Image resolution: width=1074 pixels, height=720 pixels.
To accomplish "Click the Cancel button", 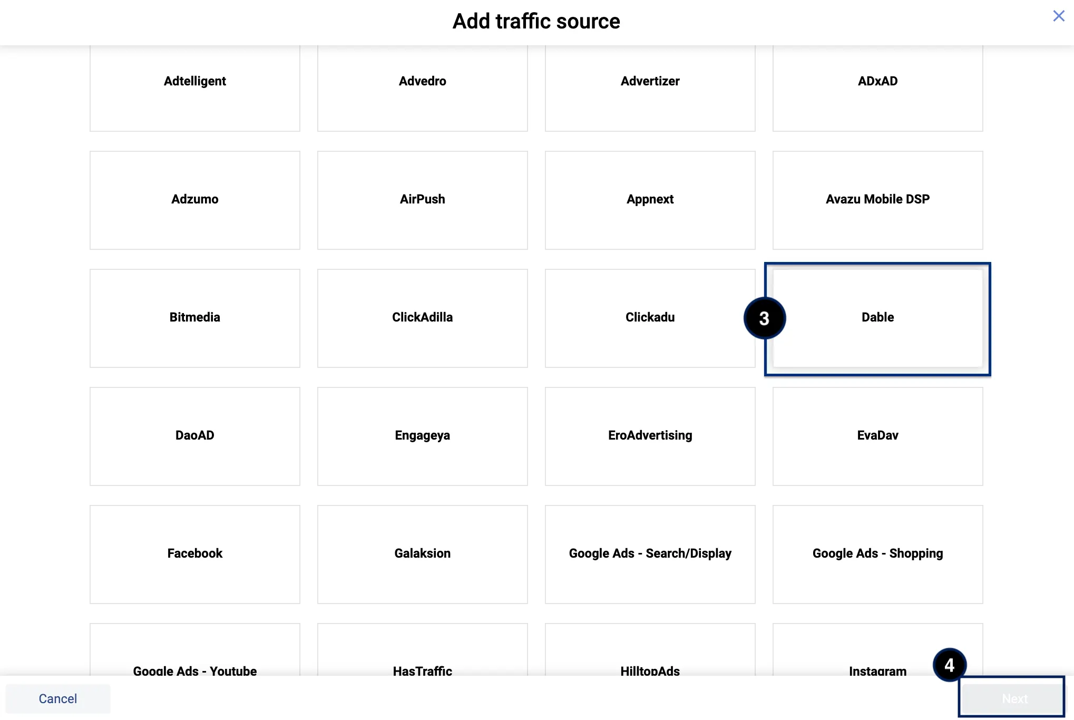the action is (x=58, y=698).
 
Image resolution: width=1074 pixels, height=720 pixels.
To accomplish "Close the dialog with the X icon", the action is (x=1058, y=16).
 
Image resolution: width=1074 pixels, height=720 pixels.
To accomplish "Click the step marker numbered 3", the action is (x=764, y=318).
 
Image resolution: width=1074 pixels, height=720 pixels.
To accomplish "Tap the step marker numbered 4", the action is (x=949, y=665).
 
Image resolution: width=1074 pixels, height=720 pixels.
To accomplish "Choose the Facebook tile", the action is (x=194, y=553).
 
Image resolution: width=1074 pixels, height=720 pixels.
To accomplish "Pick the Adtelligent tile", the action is (x=194, y=82).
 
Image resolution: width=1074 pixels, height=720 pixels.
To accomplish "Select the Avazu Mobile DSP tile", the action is (x=877, y=200).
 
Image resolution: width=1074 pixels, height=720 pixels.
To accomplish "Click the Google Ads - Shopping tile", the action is (x=877, y=553).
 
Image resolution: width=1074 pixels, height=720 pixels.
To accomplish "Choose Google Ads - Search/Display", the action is (x=650, y=553).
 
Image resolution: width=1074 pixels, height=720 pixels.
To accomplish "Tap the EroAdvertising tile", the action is (x=650, y=435).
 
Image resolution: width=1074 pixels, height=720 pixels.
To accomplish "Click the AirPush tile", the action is (x=422, y=200).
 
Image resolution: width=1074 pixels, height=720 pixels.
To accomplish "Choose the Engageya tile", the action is (x=422, y=435).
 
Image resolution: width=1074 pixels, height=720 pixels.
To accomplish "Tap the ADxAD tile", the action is (x=877, y=82).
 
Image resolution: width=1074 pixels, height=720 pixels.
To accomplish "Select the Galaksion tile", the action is (x=422, y=553).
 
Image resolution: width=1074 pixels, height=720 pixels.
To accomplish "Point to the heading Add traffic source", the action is (x=536, y=22).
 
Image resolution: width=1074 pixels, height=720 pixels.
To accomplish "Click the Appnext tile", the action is (x=650, y=200).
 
